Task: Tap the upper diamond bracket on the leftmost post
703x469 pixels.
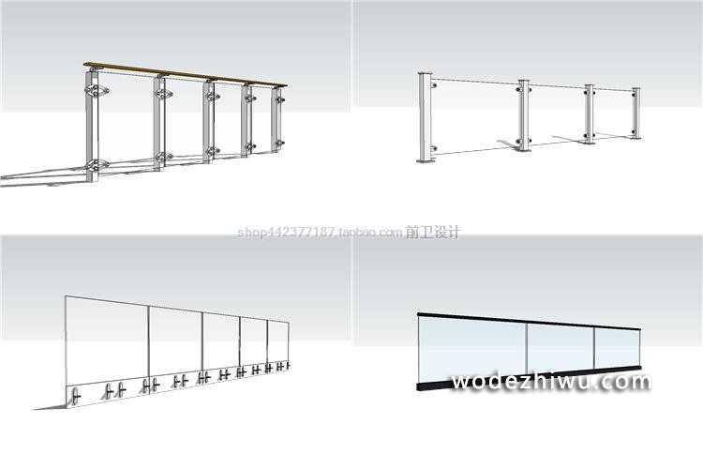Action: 97,92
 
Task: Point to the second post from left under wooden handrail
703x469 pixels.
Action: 160,127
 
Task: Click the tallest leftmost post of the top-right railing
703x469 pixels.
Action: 425,117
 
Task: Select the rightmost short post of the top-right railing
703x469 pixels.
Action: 636,115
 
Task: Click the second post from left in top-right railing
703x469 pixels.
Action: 523,116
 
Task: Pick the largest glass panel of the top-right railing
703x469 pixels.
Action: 473,113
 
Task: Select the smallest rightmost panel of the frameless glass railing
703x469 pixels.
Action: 278,342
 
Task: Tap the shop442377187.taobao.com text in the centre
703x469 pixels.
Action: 319,233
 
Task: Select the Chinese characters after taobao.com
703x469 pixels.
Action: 433,233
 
